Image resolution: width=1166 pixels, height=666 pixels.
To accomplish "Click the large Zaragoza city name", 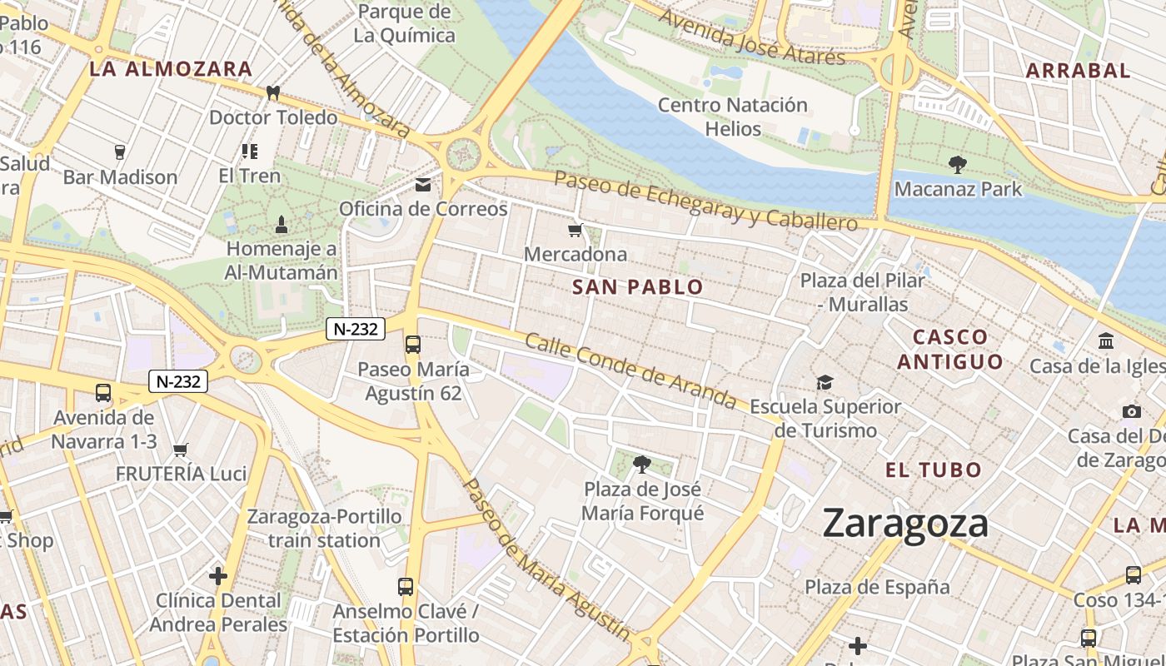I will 905,524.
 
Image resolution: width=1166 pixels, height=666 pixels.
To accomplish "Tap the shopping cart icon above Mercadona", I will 575,230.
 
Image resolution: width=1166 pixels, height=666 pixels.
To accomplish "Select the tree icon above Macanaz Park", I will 957,165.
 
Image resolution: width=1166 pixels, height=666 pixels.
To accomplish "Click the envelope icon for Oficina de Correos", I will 423,184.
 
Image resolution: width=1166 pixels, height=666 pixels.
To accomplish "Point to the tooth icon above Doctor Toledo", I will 272,92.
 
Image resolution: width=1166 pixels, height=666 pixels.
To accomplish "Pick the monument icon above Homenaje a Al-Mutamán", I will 281,224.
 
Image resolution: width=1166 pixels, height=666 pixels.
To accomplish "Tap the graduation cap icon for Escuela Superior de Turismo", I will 825,382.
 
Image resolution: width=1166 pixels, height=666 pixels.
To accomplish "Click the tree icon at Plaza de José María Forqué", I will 641,464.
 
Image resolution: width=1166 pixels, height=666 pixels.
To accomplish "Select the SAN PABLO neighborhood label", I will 638,287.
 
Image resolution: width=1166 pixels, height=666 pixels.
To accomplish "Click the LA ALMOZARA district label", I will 170,69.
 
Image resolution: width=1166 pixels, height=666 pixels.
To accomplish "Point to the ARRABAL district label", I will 1078,71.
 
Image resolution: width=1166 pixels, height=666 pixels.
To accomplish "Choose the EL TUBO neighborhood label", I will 934,470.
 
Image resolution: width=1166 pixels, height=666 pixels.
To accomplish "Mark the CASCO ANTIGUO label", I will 950,349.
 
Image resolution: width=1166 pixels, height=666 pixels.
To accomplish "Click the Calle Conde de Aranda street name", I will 630,371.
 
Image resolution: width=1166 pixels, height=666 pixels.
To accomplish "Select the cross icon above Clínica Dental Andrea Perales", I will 218,575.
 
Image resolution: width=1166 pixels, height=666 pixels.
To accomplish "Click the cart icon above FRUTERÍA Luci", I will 180,450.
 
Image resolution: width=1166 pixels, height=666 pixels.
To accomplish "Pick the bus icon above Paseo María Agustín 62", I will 412,344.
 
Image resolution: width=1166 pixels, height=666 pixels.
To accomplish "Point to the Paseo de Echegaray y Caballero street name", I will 705,201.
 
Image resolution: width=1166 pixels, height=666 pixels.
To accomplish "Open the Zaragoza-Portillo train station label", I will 324,528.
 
